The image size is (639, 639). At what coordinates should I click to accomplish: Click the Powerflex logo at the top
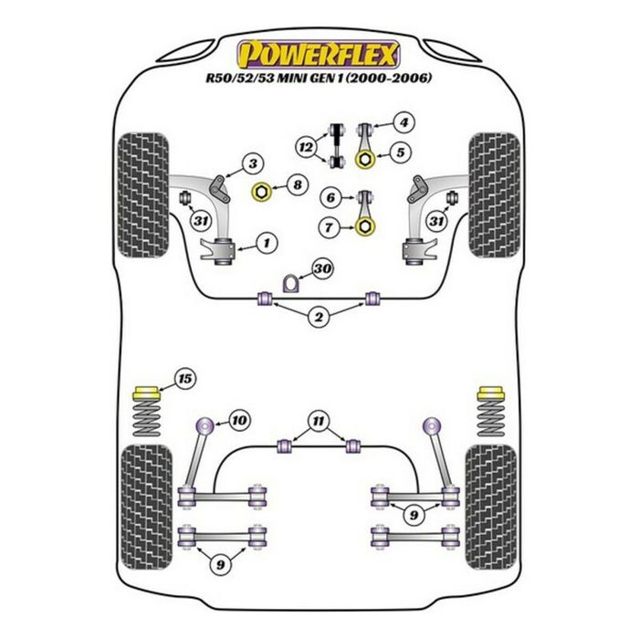[x=319, y=54]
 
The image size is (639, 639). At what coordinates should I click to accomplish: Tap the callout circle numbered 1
[x=266, y=243]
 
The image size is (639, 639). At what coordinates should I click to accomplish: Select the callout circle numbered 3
[x=253, y=163]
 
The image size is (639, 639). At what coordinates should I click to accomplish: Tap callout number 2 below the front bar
[x=319, y=317]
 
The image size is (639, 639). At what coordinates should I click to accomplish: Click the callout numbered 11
[x=319, y=421]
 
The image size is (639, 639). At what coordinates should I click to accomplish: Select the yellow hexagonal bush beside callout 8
[x=260, y=192]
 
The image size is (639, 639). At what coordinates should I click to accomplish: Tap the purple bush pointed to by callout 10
[x=205, y=424]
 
